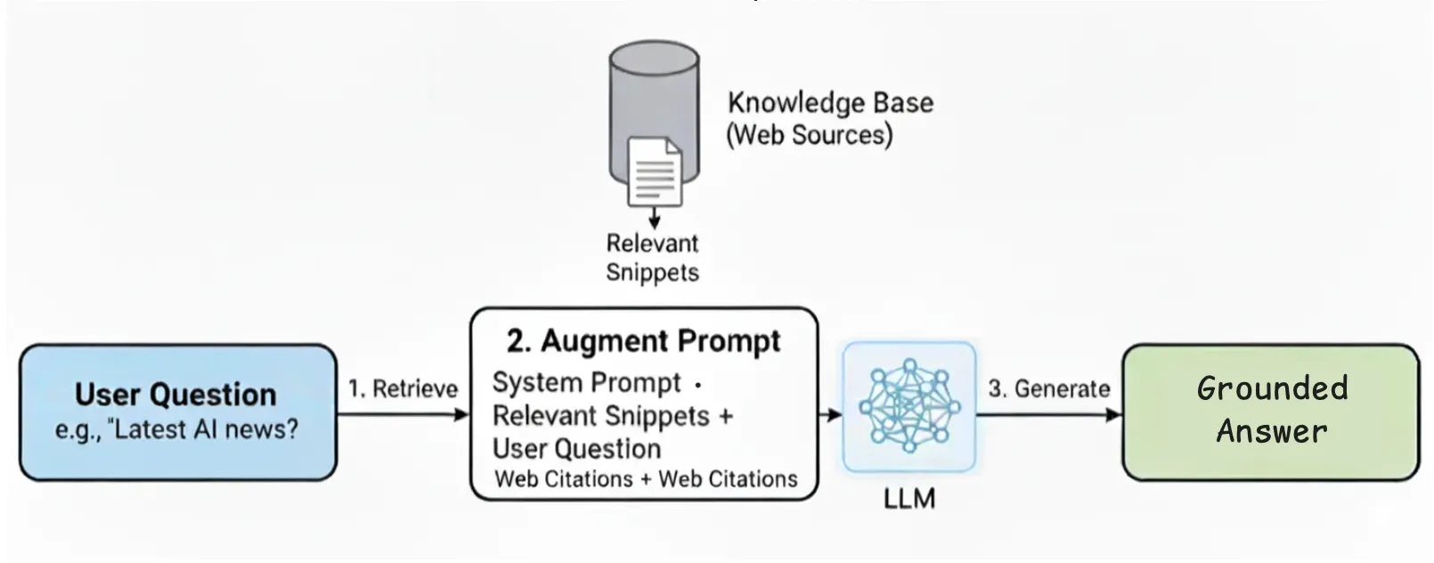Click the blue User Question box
(177, 412)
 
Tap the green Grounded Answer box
(1270, 412)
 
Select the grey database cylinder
(653, 98)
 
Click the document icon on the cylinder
(655, 171)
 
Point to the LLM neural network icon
(908, 405)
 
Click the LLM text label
(909, 498)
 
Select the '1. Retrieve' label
(403, 388)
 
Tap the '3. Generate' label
(1048, 388)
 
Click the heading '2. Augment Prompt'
(643, 341)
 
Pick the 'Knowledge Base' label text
(830, 102)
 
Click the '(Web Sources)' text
(810, 135)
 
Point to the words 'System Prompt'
(586, 382)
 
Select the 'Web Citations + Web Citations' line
(646, 478)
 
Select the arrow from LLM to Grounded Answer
(1048, 414)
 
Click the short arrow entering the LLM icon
(830, 414)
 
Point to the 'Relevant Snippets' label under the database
(652, 257)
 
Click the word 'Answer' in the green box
(1271, 431)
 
